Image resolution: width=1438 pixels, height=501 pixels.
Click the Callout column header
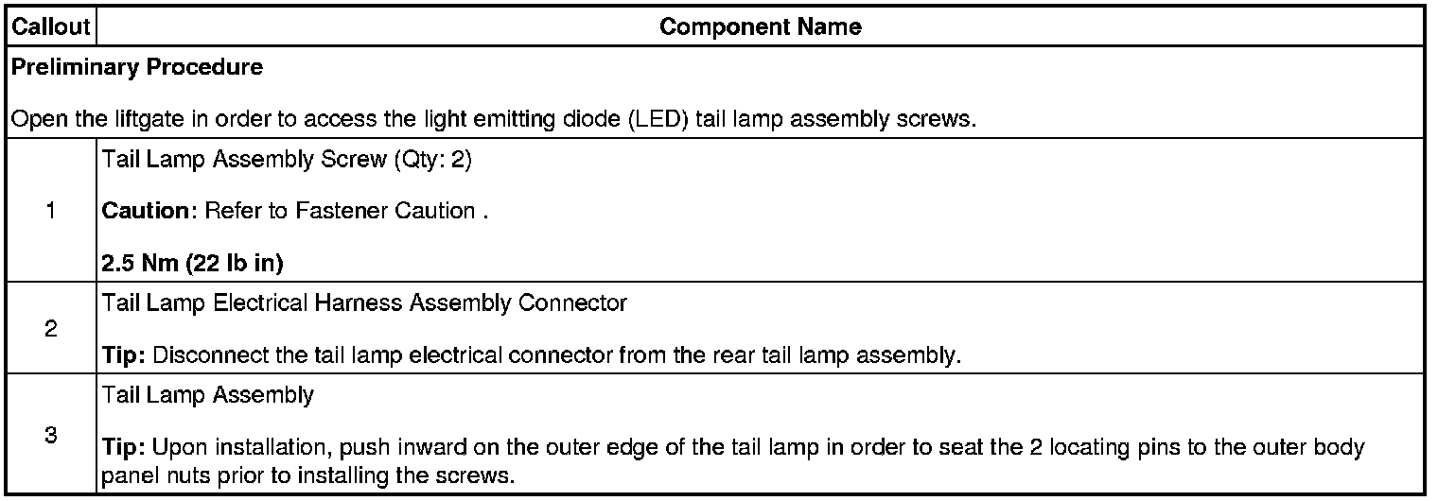tap(50, 26)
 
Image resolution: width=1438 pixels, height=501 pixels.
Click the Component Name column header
tap(760, 26)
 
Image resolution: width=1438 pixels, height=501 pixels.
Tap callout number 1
tap(50, 212)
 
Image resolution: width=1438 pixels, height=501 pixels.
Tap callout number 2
tap(50, 330)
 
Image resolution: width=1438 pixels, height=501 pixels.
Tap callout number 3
tap(50, 436)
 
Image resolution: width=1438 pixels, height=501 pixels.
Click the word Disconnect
tap(198, 356)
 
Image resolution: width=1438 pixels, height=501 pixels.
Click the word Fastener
tap(331, 211)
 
